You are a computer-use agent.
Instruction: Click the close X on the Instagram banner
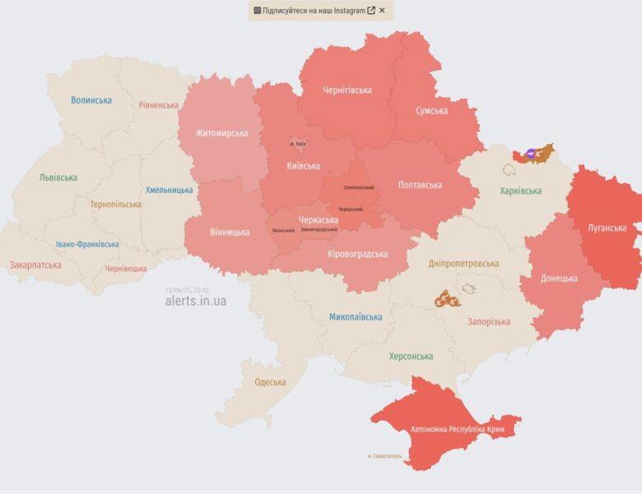(382, 11)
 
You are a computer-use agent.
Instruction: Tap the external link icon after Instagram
(371, 11)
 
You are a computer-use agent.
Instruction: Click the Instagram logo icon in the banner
(257, 11)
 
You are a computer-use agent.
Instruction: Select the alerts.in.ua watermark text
(195, 301)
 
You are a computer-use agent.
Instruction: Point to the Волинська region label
(91, 100)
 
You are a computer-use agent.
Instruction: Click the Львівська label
(58, 178)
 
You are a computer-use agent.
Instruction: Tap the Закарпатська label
(35, 266)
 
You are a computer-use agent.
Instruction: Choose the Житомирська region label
(221, 133)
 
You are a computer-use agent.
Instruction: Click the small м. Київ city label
(297, 144)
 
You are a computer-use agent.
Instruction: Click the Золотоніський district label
(359, 188)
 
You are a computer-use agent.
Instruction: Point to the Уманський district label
(283, 230)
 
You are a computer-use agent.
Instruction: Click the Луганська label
(607, 228)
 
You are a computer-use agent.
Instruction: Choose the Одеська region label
(270, 382)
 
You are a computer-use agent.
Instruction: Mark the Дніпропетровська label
(463, 263)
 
